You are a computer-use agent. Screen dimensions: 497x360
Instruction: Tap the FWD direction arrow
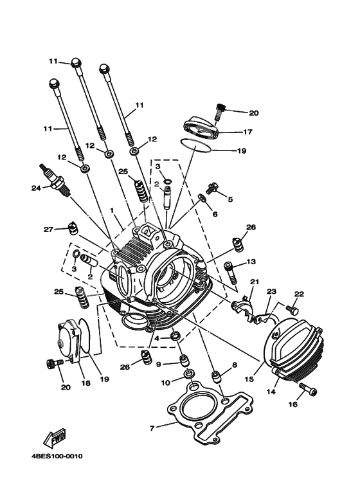(x=55, y=438)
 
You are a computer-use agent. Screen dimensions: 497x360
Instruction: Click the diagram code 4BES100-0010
(x=57, y=456)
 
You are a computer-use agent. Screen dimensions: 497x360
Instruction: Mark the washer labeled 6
(x=202, y=197)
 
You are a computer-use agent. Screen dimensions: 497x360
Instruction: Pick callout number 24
(x=35, y=188)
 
